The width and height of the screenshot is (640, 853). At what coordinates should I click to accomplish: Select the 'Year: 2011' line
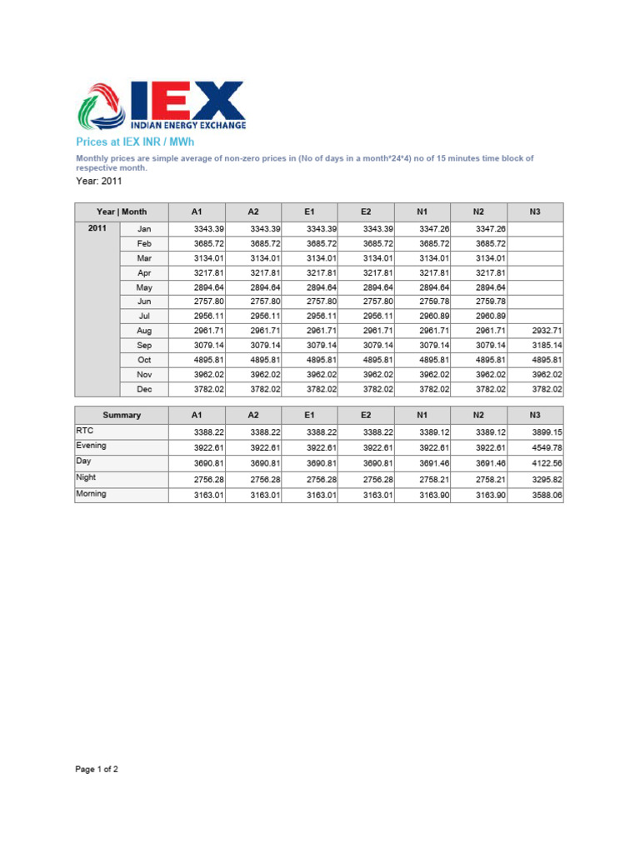99,181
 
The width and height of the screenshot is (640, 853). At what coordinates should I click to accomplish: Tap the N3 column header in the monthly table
535,212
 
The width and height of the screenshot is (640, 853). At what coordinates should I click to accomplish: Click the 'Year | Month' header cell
122,212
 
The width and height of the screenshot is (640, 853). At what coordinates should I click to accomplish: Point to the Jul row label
144,317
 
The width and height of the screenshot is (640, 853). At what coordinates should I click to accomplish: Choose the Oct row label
144,360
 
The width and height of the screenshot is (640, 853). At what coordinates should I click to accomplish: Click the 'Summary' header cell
122,415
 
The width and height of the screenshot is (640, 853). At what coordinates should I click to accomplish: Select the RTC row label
85,431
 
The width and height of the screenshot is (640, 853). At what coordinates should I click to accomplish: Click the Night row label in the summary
87,478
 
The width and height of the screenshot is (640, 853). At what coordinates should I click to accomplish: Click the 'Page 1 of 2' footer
97,770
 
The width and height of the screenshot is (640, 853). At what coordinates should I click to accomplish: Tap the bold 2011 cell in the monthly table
97,227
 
